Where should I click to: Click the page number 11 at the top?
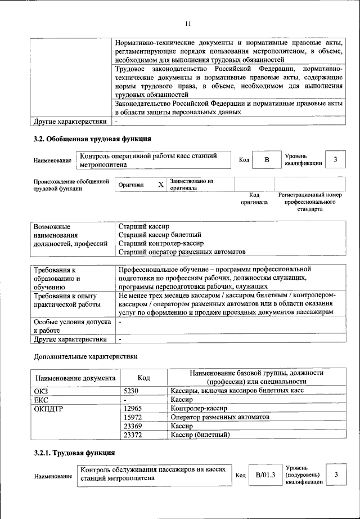coord(188,23)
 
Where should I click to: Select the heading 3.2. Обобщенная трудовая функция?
coord(92,138)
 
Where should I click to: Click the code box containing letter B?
coord(267,160)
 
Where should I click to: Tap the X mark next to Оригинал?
coord(160,185)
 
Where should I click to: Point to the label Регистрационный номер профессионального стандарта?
coord(310,202)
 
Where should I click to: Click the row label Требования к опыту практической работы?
coord(66,299)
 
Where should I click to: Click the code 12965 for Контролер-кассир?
coord(133,408)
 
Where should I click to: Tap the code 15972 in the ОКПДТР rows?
coord(133,417)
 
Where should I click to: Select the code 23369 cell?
coord(133,426)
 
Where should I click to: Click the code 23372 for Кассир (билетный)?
coord(133,435)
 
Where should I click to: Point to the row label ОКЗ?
coord(42,390)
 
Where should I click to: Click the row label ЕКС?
coord(42,399)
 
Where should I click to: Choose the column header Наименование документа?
coord(76,378)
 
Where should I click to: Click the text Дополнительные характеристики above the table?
coord(85,356)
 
